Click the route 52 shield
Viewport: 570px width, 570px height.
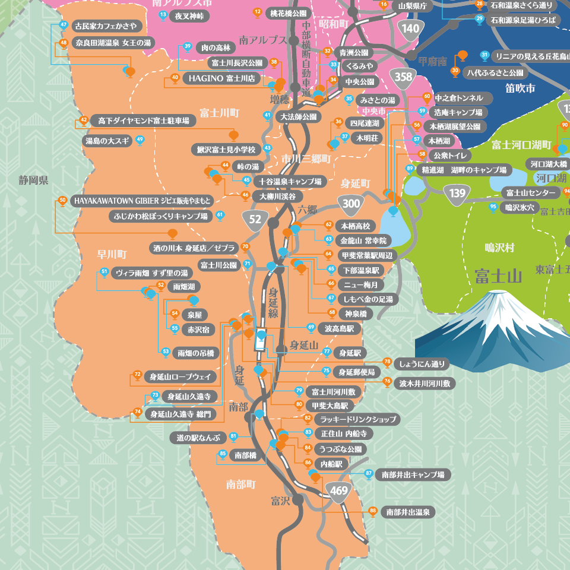[255, 219]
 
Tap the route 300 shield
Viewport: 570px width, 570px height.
[351, 203]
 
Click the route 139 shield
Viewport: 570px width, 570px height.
[457, 192]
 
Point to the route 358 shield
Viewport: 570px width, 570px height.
[403, 77]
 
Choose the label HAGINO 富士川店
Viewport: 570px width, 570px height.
[221, 78]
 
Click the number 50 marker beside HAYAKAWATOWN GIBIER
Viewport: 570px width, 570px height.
[63, 200]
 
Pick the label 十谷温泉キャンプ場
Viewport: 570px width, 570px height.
[290, 181]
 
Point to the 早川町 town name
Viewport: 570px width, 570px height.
[112, 254]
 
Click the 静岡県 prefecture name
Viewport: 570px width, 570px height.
[33, 180]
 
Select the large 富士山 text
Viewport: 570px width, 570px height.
[498, 276]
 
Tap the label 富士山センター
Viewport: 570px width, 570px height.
[530, 193]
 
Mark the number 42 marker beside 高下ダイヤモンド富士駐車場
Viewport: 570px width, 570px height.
[84, 121]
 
